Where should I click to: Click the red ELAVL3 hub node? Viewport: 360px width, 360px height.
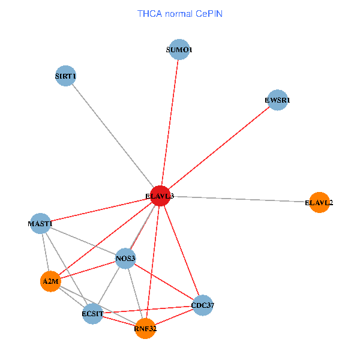coord(160,196)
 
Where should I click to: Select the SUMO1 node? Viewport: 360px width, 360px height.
coord(179,50)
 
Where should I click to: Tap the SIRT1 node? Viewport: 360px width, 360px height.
coord(65,76)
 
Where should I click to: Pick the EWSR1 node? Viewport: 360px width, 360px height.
coord(277,100)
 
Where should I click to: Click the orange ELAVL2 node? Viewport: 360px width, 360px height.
coord(319,202)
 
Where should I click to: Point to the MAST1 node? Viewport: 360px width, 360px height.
coord(40,224)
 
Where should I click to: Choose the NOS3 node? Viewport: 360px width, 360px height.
coord(126,259)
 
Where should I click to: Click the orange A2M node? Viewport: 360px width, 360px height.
coord(50,281)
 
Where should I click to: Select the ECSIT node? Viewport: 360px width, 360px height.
coord(92,314)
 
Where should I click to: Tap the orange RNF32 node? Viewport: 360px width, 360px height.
coord(145,328)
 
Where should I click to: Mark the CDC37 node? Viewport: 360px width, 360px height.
coord(202,305)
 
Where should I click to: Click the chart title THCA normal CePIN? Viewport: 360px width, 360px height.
coord(180,13)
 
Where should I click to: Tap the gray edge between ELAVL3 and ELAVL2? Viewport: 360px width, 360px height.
coord(240,199)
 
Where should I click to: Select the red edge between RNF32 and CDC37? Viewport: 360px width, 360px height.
coord(174,317)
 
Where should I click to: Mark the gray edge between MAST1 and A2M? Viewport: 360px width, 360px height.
coord(45,252)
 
